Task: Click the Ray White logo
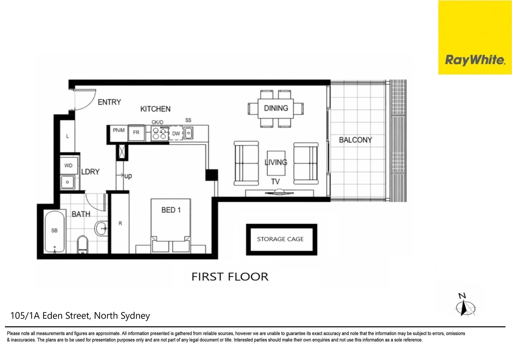pos(475,60)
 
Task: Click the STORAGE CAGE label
pos(280,239)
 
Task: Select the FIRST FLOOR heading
pos(230,277)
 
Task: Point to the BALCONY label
pos(355,140)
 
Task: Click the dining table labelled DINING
pos(276,108)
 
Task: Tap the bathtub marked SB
pos(55,231)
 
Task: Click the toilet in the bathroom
pos(82,245)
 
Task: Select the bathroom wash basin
pos(101,229)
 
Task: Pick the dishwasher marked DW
pos(176,133)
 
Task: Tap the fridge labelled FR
pos(136,133)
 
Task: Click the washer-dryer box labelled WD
pos(68,166)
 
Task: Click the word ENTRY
pos(109,102)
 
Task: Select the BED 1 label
pos(171,210)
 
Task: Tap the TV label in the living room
pos(275,182)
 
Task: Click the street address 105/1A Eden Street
pos(80,316)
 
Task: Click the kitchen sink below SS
pos(188,133)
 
